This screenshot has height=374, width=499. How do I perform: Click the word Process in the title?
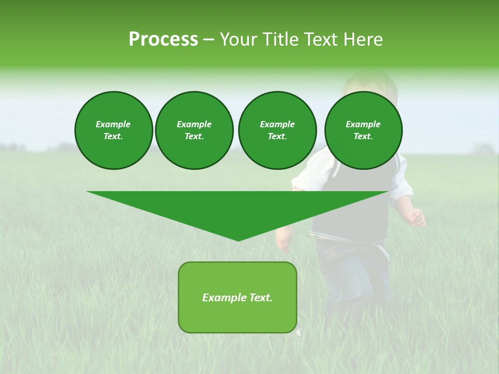[163, 39]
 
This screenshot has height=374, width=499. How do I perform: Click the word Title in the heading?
[280, 39]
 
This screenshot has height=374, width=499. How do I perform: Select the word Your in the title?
[239, 39]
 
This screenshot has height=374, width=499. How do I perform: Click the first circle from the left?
[113, 130]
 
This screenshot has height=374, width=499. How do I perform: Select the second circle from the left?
[194, 130]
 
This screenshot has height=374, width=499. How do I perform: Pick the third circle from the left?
[277, 130]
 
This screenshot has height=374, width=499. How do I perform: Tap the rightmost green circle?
[363, 130]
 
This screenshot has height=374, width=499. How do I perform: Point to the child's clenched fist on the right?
[417, 218]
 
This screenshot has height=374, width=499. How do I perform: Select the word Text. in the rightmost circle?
[363, 136]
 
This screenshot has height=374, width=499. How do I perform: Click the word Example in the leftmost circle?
[113, 124]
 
